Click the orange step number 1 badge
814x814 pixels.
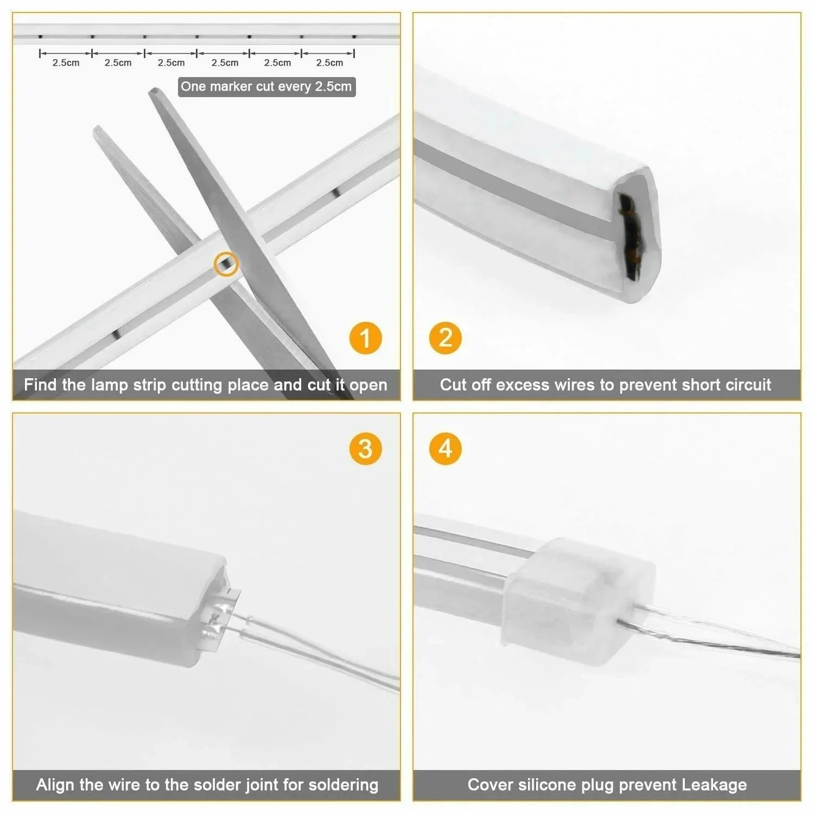click(365, 338)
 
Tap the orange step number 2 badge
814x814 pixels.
click(445, 338)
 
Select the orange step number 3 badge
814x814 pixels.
click(365, 449)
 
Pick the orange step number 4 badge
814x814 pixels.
click(445, 449)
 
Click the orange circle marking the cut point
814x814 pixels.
click(226, 264)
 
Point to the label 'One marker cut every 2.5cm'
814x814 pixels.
click(266, 87)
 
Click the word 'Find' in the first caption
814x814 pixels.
click(41, 385)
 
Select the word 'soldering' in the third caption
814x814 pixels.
click(343, 785)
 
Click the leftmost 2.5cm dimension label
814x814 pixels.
click(66, 63)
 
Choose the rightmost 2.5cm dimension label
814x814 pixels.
click(329, 63)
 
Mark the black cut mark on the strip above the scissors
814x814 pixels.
click(336, 192)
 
